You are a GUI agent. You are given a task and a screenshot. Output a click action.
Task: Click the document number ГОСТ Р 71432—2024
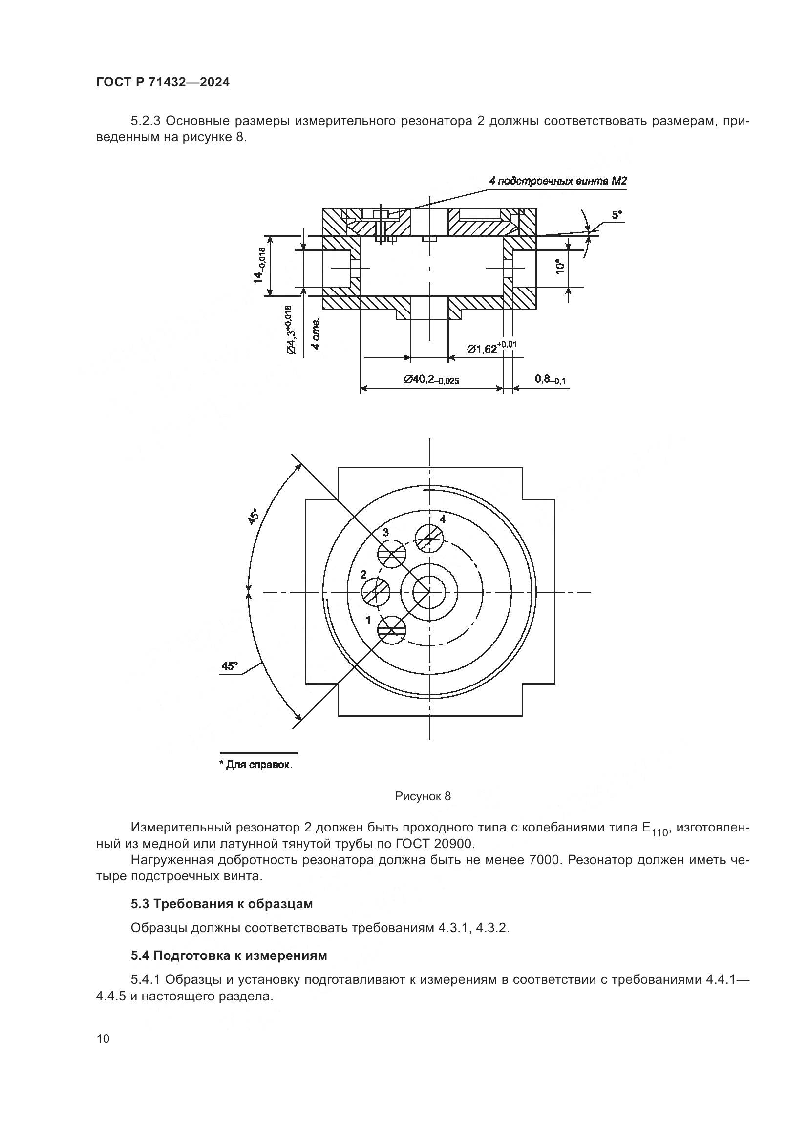click(x=163, y=83)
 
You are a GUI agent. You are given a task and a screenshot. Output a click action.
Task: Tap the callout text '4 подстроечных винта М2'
click(x=557, y=181)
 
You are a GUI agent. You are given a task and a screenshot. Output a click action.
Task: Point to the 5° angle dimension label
click(x=617, y=215)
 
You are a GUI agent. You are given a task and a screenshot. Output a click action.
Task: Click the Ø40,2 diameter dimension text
click(x=431, y=380)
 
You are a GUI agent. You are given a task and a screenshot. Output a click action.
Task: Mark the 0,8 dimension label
click(x=550, y=379)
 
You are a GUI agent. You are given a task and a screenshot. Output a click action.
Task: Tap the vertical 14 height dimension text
click(x=261, y=265)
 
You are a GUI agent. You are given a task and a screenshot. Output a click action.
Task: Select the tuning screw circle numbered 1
click(x=392, y=630)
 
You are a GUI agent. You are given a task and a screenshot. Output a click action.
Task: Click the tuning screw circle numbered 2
click(x=376, y=592)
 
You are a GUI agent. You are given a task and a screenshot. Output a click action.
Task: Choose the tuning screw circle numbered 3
click(x=392, y=554)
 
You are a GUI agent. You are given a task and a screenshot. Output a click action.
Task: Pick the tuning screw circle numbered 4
click(x=429, y=538)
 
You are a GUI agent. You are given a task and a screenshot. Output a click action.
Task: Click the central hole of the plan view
click(x=429, y=592)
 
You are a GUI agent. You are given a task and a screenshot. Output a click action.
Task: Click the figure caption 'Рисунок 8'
click(x=423, y=796)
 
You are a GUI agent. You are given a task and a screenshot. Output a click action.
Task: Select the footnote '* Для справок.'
click(x=255, y=765)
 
